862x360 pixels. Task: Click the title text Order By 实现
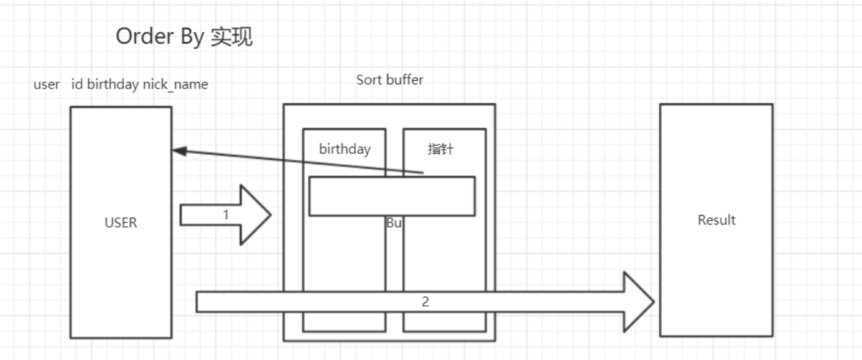[184, 37]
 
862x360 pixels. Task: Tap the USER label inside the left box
[121, 222]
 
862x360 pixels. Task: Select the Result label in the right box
[716, 219]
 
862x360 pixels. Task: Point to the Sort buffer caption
[389, 80]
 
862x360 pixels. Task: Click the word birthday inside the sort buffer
[345, 149]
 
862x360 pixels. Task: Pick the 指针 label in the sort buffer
[440, 149]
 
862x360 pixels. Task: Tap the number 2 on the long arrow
[425, 302]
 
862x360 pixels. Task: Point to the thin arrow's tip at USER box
[174, 150]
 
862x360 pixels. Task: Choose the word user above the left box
[47, 84]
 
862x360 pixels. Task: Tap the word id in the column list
[78, 84]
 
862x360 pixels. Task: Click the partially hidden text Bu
[394, 223]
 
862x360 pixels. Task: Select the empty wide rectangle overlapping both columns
[392, 196]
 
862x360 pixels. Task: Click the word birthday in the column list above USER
[113, 84]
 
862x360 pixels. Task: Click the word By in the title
[191, 37]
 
